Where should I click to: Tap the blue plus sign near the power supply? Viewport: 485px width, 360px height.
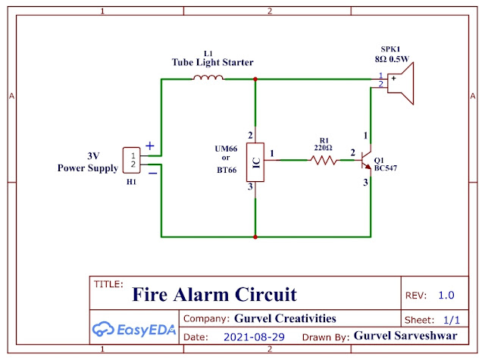[x=150, y=146]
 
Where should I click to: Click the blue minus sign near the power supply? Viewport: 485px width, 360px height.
[x=152, y=173]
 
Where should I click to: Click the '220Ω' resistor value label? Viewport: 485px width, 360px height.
[x=323, y=148]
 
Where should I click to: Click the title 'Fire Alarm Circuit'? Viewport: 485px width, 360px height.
[x=214, y=294]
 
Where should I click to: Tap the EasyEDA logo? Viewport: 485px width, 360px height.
[x=133, y=329]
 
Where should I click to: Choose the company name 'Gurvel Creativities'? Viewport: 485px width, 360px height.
[x=285, y=318]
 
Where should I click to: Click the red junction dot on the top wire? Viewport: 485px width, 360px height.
[x=255, y=78]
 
